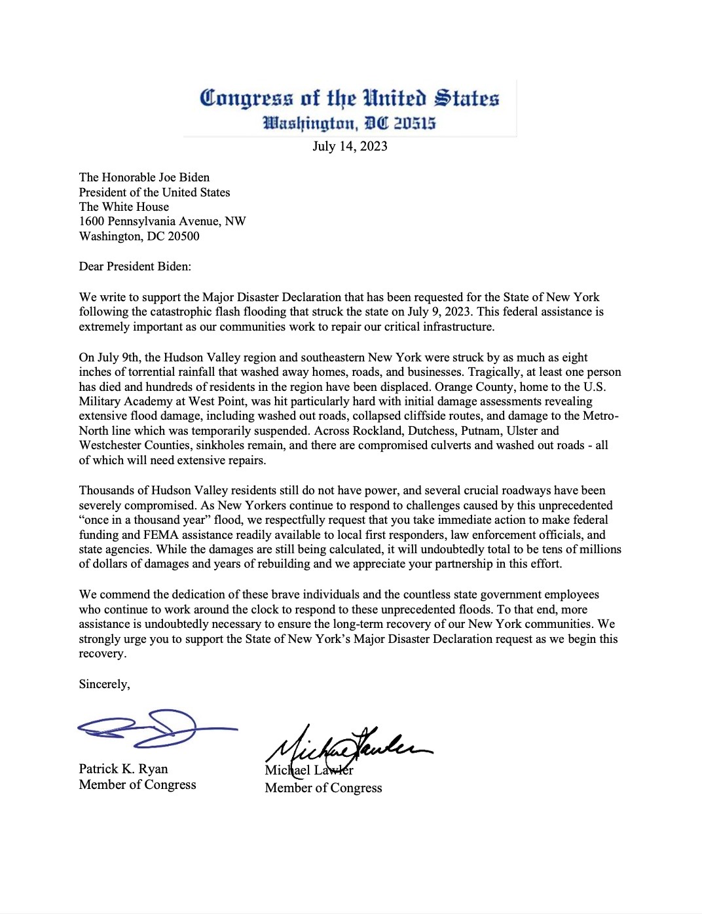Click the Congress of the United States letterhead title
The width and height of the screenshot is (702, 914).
pyautogui.click(x=349, y=98)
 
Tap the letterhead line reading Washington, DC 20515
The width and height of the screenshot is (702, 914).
pyautogui.click(x=349, y=123)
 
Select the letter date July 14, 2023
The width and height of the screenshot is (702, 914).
pyautogui.click(x=350, y=146)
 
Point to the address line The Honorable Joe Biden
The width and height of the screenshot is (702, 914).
pyautogui.click(x=144, y=177)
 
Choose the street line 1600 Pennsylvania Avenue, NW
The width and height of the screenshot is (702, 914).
pyautogui.click(x=162, y=221)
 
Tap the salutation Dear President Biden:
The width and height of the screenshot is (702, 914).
pyautogui.click(x=135, y=266)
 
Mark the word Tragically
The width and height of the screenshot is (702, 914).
pyautogui.click(x=495, y=372)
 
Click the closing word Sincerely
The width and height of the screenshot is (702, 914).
pyautogui.click(x=104, y=684)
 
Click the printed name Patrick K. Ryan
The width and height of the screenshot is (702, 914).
pyautogui.click(x=123, y=769)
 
